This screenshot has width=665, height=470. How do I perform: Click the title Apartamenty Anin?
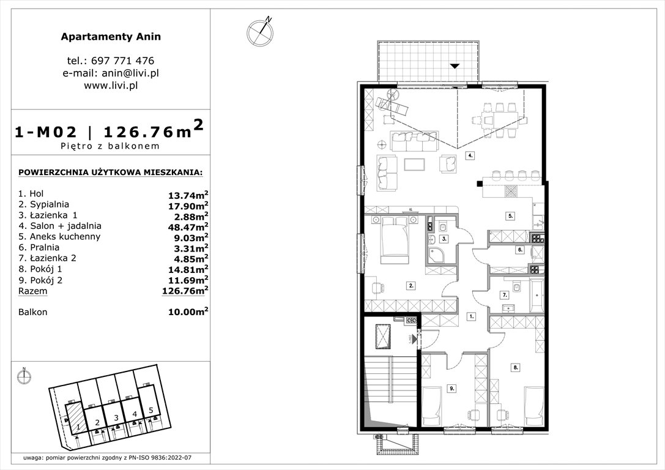(111, 37)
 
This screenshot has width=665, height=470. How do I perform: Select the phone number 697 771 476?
(124, 61)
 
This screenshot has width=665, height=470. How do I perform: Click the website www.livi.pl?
(111, 86)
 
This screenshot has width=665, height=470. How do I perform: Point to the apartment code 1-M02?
(47, 131)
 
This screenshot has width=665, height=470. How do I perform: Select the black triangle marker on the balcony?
(454, 65)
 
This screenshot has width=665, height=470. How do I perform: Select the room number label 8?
(516, 368)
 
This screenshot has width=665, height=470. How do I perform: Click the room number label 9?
(451, 387)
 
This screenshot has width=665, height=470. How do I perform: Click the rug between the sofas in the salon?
(416, 165)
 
